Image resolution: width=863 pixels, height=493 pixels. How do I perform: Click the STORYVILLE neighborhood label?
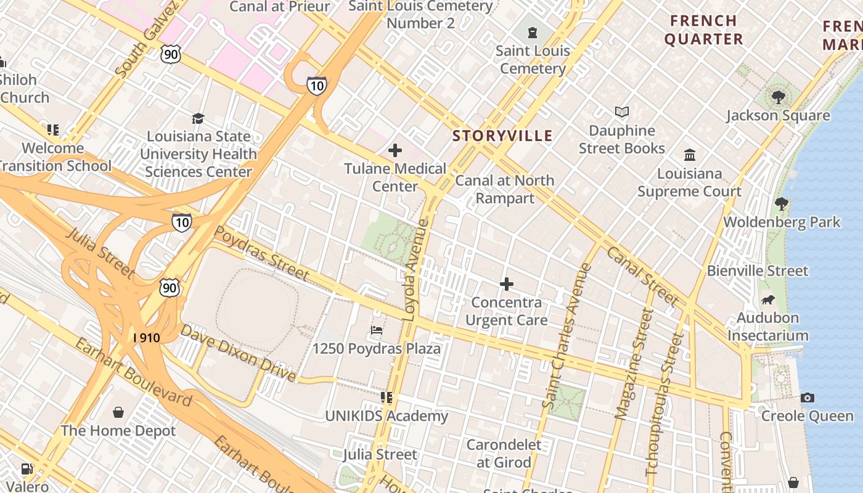(502, 136)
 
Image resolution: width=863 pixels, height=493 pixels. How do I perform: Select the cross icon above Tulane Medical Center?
(395, 150)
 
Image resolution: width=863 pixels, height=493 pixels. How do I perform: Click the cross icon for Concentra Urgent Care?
(507, 284)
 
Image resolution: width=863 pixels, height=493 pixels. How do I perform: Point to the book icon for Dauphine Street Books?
(622, 112)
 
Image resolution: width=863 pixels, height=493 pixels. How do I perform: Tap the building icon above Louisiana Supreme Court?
(690, 155)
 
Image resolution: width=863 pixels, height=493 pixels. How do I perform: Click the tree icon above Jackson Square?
(778, 97)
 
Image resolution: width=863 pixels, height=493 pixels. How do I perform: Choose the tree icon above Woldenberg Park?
(782, 203)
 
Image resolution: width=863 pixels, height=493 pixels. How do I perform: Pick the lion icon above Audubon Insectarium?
(768, 300)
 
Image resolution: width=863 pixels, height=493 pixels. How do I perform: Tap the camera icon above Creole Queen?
(808, 397)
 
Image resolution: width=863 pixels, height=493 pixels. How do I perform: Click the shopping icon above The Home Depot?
(118, 412)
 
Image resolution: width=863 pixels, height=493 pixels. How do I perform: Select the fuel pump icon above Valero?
(27, 469)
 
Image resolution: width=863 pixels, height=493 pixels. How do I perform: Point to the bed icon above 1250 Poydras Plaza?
(377, 330)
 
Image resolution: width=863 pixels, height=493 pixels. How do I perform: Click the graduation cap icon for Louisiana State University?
(198, 118)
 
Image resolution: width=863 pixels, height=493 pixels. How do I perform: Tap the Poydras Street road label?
(261, 253)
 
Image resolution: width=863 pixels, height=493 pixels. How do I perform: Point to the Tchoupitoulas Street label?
(665, 404)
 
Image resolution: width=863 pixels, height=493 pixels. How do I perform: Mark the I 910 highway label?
(147, 338)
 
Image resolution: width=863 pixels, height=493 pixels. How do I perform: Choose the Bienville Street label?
(757, 271)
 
